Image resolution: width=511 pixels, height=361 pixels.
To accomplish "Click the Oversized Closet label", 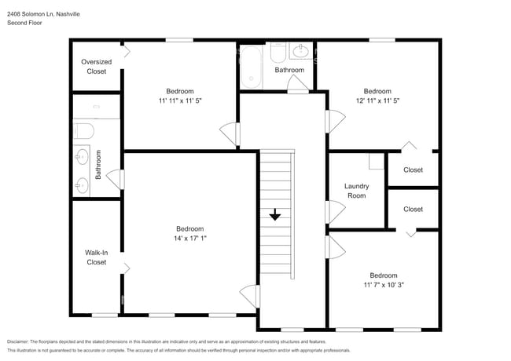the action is tap(97, 67).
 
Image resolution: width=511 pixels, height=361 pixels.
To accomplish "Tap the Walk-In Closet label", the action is tap(97, 257).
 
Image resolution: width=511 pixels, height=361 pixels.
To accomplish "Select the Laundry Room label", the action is tap(357, 191).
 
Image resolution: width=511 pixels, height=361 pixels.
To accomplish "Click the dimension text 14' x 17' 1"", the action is tap(190, 238).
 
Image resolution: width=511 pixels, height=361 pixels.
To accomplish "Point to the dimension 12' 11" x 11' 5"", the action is tap(377, 100).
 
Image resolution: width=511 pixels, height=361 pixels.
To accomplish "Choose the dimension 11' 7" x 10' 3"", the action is tap(384, 285).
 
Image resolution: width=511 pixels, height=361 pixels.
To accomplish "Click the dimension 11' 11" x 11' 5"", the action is tap(180, 100).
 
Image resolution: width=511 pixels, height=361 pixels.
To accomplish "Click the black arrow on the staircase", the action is tap(275, 215).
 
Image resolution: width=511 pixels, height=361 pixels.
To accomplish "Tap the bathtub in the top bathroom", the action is tap(251, 67).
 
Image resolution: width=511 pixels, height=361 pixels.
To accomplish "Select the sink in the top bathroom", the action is tap(301, 51).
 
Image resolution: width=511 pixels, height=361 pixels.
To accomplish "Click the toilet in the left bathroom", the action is tap(84, 131).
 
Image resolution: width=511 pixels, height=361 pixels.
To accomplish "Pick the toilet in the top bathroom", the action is tap(278, 53).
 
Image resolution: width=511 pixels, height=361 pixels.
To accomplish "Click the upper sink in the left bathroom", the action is tap(82, 157).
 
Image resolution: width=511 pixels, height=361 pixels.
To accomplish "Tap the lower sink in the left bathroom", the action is tap(82, 185).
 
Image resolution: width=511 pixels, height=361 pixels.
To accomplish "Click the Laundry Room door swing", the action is tap(336, 212).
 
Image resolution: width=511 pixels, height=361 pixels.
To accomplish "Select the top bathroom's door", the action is tap(297, 84).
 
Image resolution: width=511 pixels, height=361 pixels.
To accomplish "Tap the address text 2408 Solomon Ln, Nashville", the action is tap(43, 14).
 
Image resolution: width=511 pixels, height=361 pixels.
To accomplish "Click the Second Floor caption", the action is tap(24, 23).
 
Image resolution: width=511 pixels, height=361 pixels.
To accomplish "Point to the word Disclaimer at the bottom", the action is tap(17, 342).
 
